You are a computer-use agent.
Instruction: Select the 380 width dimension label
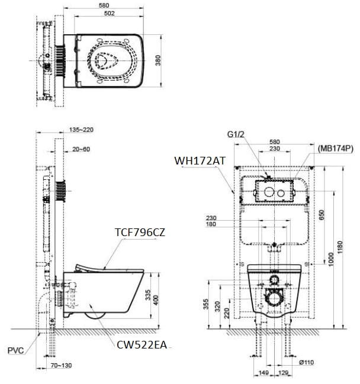click(158, 61)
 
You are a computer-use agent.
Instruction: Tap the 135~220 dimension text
click(81, 130)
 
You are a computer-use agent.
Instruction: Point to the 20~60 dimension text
click(81, 149)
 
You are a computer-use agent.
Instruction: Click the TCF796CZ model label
click(139, 233)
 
